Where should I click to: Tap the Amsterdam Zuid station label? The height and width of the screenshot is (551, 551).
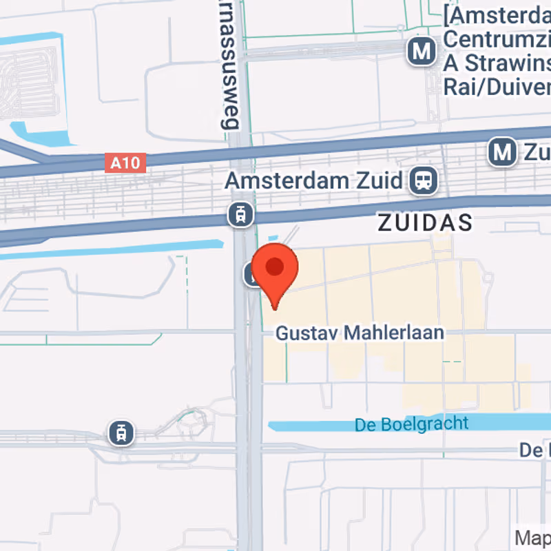(x=313, y=180)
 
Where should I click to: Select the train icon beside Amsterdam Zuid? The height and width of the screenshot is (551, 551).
(x=423, y=181)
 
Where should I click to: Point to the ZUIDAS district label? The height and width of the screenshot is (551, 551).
(x=426, y=222)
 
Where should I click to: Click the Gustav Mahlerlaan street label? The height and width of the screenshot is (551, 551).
(x=360, y=333)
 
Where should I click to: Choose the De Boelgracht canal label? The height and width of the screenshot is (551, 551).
(x=412, y=424)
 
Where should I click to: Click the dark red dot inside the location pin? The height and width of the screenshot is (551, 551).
(x=275, y=267)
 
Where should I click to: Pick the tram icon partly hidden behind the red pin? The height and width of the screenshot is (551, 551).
(x=251, y=275)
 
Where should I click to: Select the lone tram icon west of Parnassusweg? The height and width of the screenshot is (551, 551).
(x=122, y=433)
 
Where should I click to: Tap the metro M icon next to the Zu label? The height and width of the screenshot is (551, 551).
(x=503, y=152)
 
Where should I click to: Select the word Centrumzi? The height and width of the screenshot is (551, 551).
(x=496, y=39)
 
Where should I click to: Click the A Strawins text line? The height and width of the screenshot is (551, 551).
(x=496, y=63)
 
